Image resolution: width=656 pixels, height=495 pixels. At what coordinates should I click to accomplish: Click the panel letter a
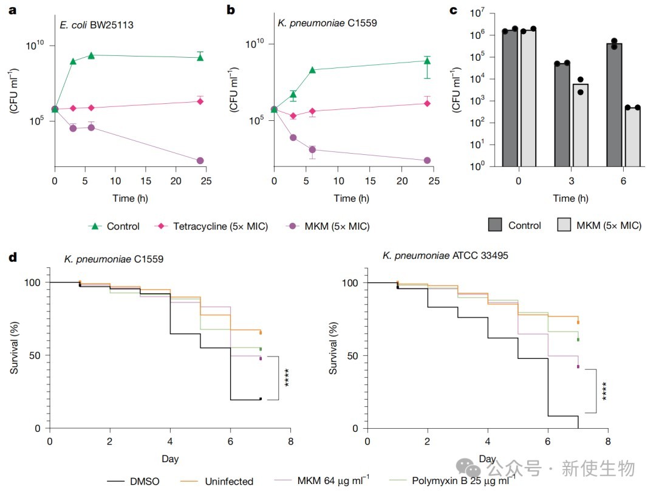pyautogui.click(x=13, y=10)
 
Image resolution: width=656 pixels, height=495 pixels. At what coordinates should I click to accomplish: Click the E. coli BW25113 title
pyautogui.click(x=97, y=25)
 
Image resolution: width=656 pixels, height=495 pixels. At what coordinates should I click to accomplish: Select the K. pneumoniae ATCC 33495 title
pyautogui.click(x=445, y=256)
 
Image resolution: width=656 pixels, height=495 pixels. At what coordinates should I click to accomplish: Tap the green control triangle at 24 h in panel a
pyautogui.click(x=200, y=57)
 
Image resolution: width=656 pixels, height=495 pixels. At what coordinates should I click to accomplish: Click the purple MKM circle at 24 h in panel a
pyautogui.click(x=200, y=161)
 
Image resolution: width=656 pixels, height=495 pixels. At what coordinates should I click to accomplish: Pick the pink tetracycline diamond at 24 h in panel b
pyautogui.click(x=427, y=103)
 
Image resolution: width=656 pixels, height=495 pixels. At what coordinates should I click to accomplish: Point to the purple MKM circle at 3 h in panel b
pyautogui.click(x=293, y=138)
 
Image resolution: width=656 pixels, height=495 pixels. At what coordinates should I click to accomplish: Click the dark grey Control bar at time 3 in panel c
pyautogui.click(x=562, y=115)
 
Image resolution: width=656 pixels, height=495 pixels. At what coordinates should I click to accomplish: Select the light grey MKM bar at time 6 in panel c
pyautogui.click(x=632, y=137)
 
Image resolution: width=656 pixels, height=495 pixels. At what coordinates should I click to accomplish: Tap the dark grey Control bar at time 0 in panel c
pyautogui.click(x=510, y=98)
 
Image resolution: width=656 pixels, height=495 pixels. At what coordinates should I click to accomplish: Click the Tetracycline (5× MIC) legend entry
pyautogui.click(x=211, y=227)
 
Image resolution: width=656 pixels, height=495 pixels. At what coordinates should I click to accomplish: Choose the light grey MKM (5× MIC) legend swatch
pyautogui.click(x=564, y=225)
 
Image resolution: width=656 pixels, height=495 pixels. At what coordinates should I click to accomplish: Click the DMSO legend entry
pyautogui.click(x=133, y=482)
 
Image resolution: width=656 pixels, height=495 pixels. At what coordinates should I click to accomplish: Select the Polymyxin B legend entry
pyautogui.click(x=452, y=480)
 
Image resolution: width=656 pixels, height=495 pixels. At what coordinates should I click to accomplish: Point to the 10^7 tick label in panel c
pyautogui.click(x=477, y=13)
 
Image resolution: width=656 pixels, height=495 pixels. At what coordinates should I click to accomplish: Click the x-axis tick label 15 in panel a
pyautogui.click(x=146, y=181)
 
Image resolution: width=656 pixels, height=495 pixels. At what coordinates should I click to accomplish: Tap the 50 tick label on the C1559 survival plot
pyautogui.click(x=34, y=356)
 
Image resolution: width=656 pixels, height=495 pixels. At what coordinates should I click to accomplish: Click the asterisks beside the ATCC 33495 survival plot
pyautogui.click(x=604, y=391)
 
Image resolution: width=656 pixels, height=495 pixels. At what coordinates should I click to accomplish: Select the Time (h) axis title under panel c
pyautogui.click(x=570, y=199)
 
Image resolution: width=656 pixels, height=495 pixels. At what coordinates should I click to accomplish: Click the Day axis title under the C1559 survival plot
pyautogui.click(x=170, y=459)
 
